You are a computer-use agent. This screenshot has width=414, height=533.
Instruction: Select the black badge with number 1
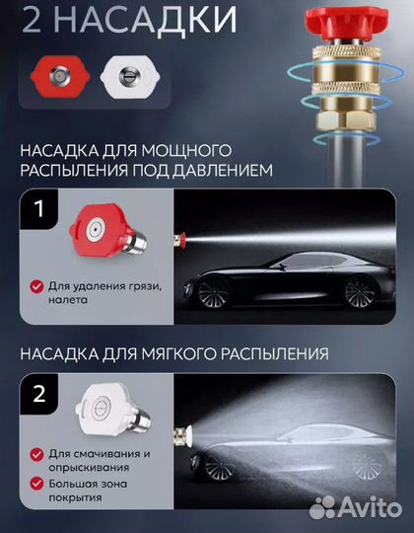coord(37,209)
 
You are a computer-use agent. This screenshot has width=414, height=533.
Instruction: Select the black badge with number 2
coord(37,396)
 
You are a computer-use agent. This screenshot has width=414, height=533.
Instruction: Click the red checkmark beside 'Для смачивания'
coord(37,454)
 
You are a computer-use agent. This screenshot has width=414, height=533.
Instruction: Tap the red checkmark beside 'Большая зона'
coord(37,484)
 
